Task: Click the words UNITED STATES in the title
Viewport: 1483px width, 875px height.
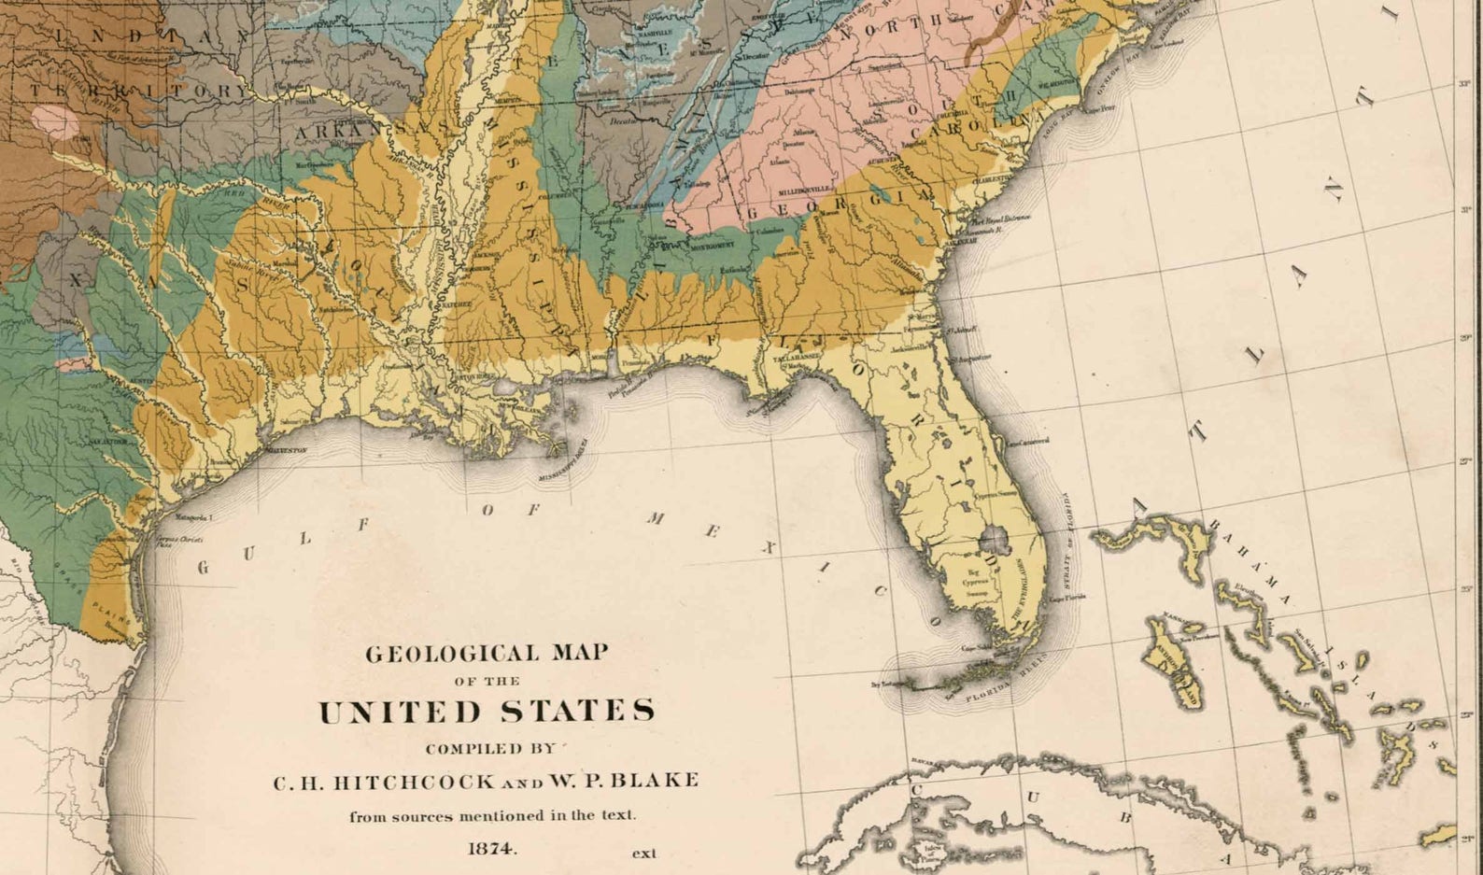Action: coord(486,712)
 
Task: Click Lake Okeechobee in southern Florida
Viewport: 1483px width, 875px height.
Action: coord(992,540)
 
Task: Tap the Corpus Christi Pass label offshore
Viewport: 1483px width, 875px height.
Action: coord(179,542)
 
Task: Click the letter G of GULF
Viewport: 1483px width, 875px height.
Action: coord(203,568)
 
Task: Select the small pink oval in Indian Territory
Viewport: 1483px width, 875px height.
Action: coord(55,122)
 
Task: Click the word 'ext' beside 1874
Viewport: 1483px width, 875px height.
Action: coord(644,853)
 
